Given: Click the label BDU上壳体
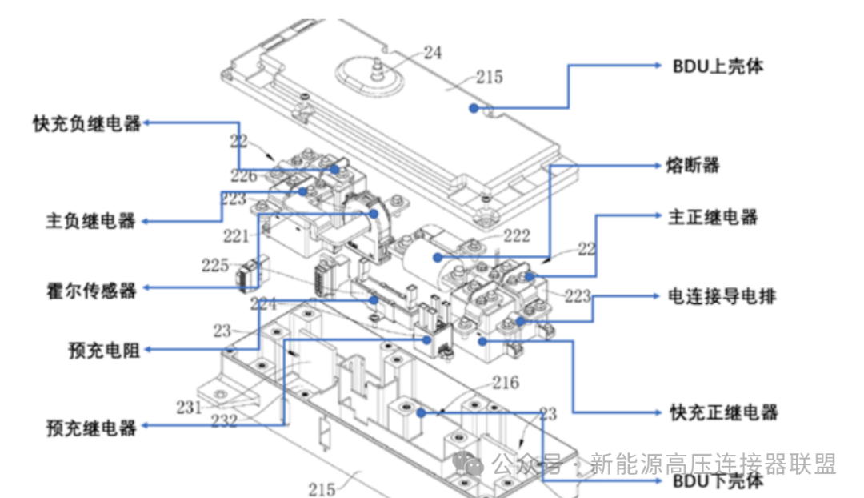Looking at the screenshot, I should [x=718, y=66].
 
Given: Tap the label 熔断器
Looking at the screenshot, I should [x=692, y=166].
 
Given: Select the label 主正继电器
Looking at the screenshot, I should [x=712, y=217].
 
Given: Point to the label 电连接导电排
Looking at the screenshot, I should [x=722, y=296].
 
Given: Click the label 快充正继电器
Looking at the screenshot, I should [x=723, y=412].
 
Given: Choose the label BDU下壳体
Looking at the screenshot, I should [x=718, y=482].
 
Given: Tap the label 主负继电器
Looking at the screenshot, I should [x=90, y=222].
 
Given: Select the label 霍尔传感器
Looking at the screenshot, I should [x=90, y=290].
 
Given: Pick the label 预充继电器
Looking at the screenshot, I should [x=90, y=428].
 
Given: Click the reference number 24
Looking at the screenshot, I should [x=432, y=54].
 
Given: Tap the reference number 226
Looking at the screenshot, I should [x=244, y=176].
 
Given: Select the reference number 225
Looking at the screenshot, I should [x=215, y=264].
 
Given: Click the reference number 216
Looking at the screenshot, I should [x=505, y=383].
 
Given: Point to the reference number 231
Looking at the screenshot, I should [x=190, y=407].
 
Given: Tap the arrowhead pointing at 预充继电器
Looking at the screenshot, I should [x=146, y=428].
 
